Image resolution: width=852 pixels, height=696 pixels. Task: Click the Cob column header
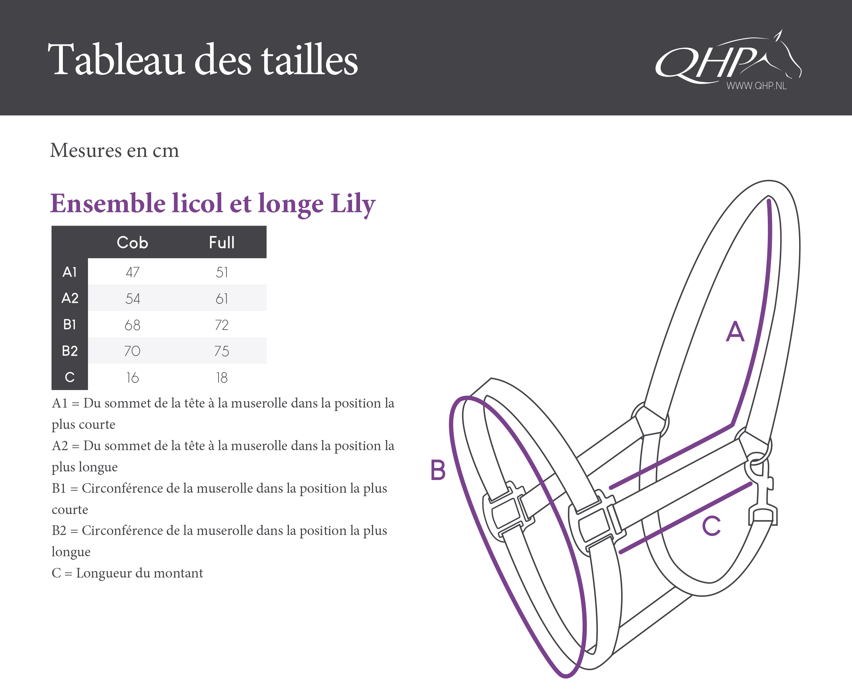click(132, 242)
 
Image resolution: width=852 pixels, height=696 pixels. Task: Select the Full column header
click(222, 242)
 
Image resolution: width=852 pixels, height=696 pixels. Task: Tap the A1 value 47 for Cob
click(133, 272)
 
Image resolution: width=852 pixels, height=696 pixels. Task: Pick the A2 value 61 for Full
click(222, 299)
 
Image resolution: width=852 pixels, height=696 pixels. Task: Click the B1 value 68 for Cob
click(132, 325)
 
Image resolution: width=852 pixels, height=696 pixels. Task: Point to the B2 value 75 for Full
click(222, 351)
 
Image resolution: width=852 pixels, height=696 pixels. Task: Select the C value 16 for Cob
click(132, 378)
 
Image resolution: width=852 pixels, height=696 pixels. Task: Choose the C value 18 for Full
click(222, 378)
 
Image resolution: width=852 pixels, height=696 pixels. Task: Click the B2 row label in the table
click(70, 351)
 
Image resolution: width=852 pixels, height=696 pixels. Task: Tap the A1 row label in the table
click(69, 272)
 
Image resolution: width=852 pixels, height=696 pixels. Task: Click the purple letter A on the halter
click(735, 331)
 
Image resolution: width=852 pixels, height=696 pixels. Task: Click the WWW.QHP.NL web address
click(756, 86)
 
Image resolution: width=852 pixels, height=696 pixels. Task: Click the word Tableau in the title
click(116, 60)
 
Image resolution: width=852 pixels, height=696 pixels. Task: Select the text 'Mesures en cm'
click(115, 151)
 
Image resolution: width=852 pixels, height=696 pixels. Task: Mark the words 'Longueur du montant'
click(139, 573)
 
